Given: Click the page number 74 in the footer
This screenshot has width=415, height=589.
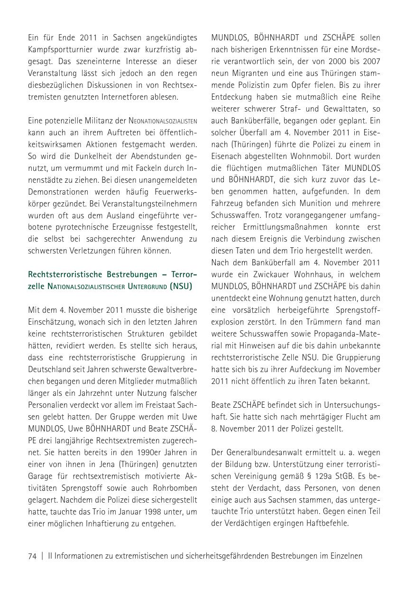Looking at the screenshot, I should [x=32, y=556].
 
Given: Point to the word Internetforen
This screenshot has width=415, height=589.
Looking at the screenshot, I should [x=132, y=96].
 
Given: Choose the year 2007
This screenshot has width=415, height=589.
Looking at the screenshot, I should [x=370, y=61].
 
